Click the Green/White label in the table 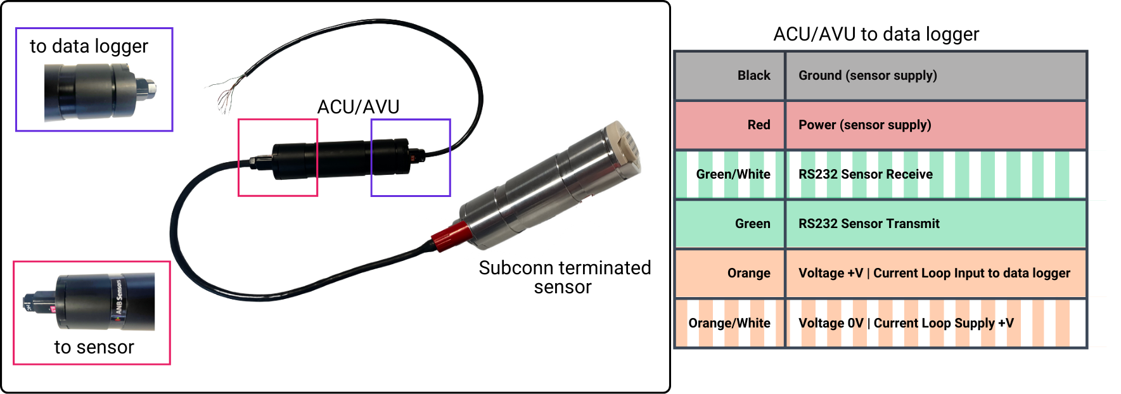(733, 174)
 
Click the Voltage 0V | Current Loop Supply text (906, 323)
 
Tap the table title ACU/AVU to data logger (876, 34)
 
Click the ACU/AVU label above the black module (358, 107)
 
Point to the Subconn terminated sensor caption (564, 277)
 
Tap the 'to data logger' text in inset (89, 46)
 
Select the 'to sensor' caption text (94, 347)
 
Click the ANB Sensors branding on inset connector (118, 298)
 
